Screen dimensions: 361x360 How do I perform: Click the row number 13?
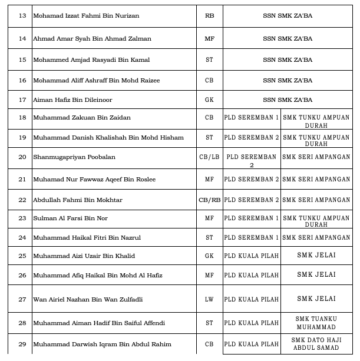point(22,15)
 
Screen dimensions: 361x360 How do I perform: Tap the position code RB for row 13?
point(209,15)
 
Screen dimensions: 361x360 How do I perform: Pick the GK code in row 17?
point(209,100)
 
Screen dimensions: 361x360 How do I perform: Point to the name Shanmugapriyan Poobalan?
point(74,157)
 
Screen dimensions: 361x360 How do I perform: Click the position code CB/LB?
point(209,157)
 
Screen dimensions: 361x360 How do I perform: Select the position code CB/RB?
point(210,200)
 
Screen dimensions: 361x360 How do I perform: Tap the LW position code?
point(209,300)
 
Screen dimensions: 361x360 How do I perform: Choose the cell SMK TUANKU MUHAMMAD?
point(316,323)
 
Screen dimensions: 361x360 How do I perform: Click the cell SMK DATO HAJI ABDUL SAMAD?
point(316,344)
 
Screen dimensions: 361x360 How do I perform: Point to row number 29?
point(22,345)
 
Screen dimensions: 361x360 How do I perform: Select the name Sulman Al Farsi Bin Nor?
point(70,218)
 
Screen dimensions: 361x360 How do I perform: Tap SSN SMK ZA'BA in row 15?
point(288,59)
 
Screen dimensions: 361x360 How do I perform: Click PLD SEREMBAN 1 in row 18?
point(252,118)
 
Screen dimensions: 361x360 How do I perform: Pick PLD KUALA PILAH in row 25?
point(252,256)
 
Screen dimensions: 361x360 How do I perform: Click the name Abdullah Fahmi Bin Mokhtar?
point(78,200)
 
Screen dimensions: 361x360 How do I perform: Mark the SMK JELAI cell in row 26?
point(316,275)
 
